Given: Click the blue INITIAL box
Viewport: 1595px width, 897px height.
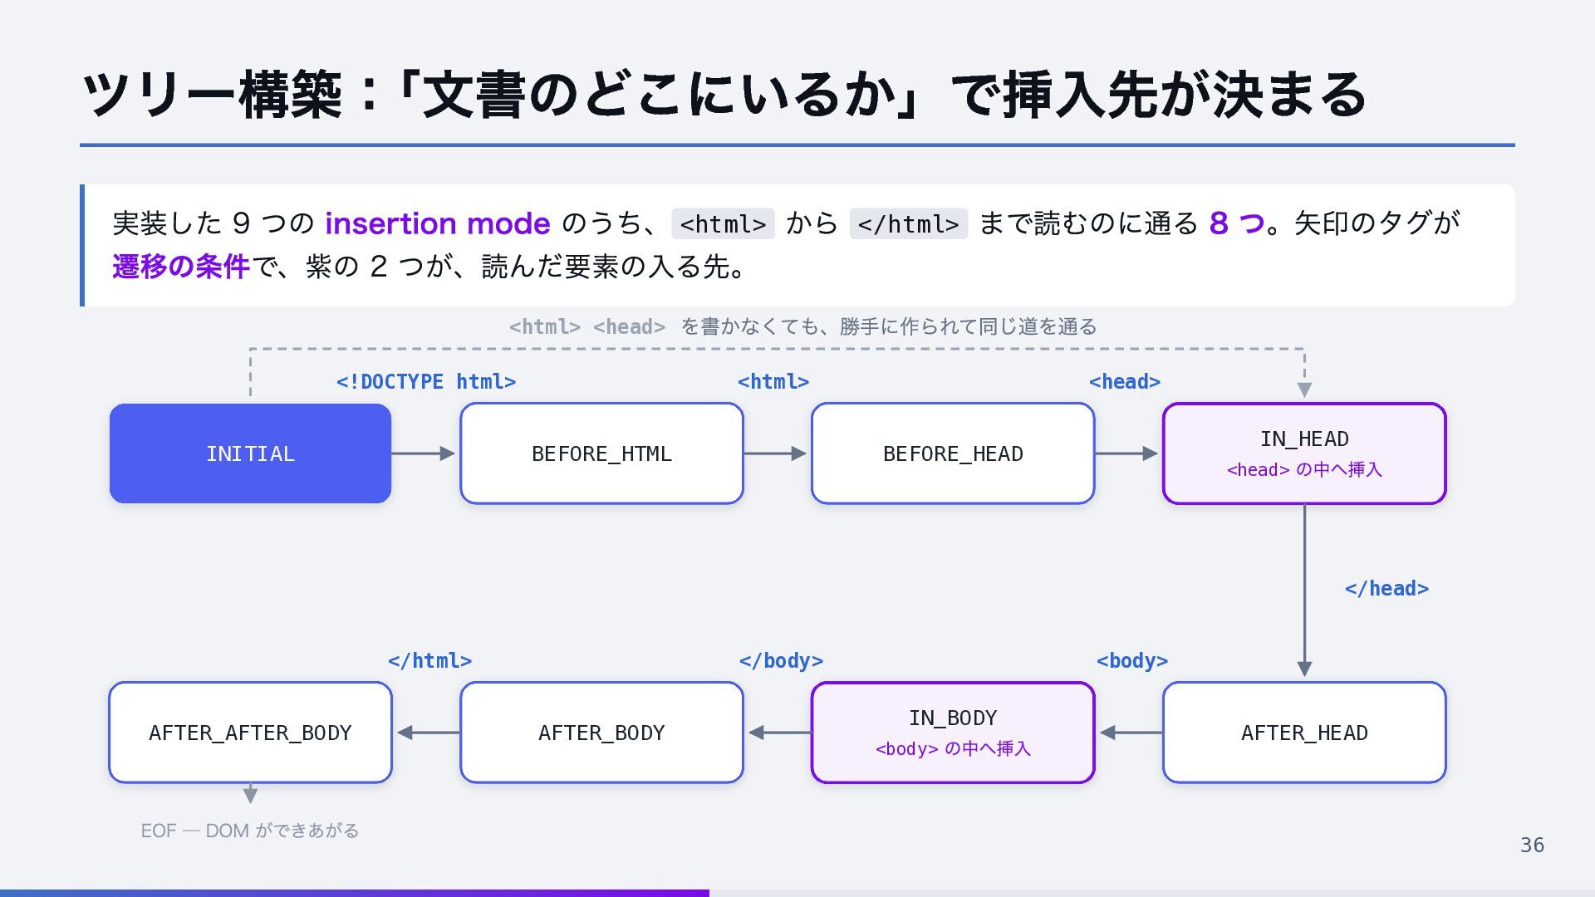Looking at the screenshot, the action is tap(250, 453).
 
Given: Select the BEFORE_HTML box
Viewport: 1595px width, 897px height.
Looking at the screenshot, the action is tap(601, 453).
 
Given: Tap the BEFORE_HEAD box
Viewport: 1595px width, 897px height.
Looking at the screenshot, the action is tap(953, 453).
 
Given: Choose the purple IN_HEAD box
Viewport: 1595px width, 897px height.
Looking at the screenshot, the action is tap(1304, 453).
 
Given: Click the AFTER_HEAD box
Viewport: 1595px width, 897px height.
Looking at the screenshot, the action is tap(1304, 733).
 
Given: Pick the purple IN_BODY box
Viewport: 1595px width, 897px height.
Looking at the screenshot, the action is tap(953, 733).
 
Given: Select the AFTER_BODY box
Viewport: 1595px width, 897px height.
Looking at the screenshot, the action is tap(601, 733).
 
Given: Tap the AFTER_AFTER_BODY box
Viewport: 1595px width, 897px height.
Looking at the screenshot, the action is tap(250, 733).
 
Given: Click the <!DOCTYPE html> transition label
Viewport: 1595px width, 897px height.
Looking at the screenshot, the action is tap(426, 382).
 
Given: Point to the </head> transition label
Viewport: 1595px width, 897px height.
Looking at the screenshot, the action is tap(1386, 589).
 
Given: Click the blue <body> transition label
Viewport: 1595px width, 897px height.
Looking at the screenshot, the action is tap(1132, 661).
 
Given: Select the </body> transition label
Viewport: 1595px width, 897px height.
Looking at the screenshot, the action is tap(781, 661).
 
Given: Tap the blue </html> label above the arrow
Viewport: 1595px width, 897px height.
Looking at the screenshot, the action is tap(429, 661).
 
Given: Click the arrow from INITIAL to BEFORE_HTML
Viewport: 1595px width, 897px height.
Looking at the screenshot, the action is tap(423, 453).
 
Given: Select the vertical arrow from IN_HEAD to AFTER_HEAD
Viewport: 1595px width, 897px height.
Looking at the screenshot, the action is tap(1304, 591).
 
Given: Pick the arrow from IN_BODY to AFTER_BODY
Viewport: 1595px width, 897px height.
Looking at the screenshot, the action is tap(780, 733).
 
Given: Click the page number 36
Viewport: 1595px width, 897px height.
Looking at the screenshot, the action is tap(1532, 846).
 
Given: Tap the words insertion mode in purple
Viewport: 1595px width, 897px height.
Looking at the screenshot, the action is tap(438, 223).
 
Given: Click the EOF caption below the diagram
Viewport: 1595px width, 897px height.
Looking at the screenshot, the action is tap(250, 831).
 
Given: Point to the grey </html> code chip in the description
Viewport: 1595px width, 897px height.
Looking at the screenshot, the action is tap(908, 224).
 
